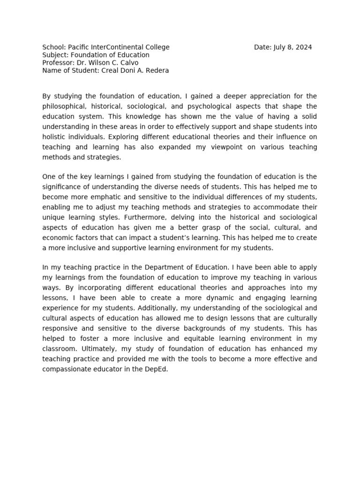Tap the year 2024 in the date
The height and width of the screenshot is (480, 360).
304,47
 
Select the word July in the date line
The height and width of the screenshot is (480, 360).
279,47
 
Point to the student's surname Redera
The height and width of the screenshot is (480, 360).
157,71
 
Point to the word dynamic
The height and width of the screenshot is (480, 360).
204,298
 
